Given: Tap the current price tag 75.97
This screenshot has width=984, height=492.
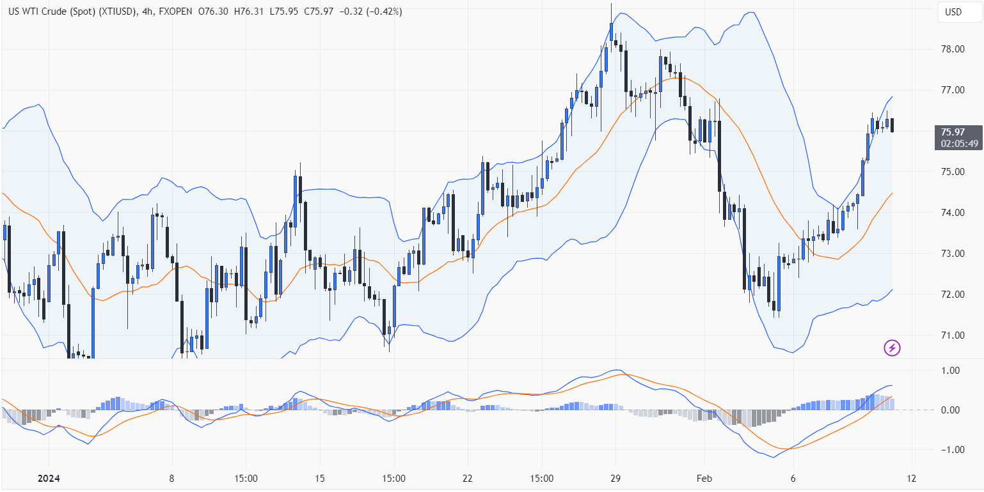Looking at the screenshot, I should [x=952, y=132].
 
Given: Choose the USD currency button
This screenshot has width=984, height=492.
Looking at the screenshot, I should [x=953, y=12].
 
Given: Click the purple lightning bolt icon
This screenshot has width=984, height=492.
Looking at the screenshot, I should [x=893, y=348].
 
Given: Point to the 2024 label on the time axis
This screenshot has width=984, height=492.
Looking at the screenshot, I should [x=49, y=479].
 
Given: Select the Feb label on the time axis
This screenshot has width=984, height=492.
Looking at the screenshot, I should [x=704, y=479].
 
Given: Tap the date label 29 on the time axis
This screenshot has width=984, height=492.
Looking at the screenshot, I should [x=615, y=479].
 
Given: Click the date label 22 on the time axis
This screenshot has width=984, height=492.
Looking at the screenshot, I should [x=468, y=479].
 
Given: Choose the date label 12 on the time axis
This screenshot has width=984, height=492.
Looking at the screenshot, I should [x=912, y=479].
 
